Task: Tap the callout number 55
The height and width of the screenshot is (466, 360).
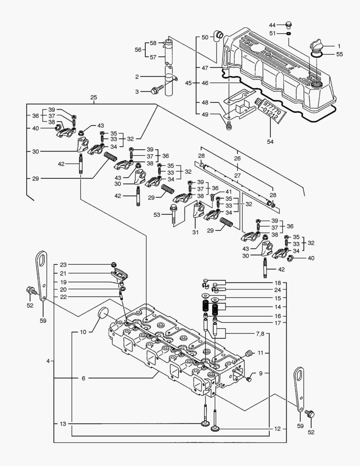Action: (339, 54)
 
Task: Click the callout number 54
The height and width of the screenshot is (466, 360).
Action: (270, 141)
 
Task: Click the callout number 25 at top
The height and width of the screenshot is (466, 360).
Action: (94, 98)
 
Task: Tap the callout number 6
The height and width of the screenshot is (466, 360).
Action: (84, 378)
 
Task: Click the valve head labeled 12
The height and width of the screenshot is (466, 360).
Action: (216, 428)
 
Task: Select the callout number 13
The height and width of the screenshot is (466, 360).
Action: (63, 424)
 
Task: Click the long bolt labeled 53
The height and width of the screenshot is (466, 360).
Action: (174, 214)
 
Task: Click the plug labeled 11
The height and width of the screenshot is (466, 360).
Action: (248, 354)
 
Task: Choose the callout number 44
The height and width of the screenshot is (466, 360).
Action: (285, 25)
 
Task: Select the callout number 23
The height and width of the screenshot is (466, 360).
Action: (63, 264)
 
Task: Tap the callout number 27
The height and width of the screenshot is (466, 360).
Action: (237, 176)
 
